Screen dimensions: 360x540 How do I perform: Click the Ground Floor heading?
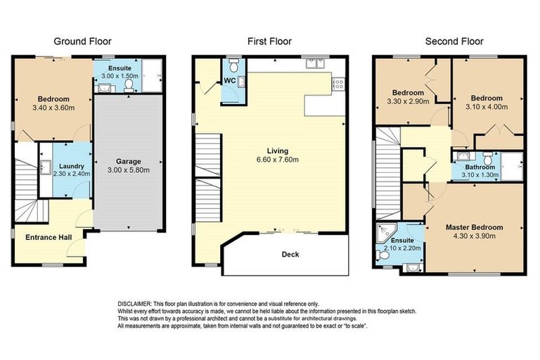tap(82, 41)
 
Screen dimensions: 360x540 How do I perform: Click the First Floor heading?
tap(269, 41)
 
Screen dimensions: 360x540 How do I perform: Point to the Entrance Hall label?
tap(49, 238)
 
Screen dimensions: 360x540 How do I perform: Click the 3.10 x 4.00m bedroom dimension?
tap(487, 107)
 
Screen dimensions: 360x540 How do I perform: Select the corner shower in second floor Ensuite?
tap(385, 231)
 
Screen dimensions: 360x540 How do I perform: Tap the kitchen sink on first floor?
tap(314, 65)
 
